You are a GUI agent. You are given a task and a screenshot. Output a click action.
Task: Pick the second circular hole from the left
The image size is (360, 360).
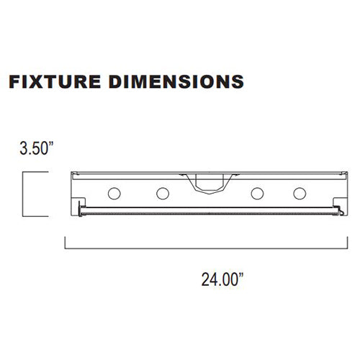pos(163,193)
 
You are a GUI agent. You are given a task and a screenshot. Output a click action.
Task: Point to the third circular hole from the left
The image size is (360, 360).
pos(257,193)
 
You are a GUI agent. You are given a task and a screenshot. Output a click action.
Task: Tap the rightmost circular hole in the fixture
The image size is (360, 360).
pos(299,193)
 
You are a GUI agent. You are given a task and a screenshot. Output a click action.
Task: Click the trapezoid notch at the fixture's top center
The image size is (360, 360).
pos(207,184)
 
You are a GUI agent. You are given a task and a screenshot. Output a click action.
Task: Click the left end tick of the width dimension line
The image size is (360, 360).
pos(66,243)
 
